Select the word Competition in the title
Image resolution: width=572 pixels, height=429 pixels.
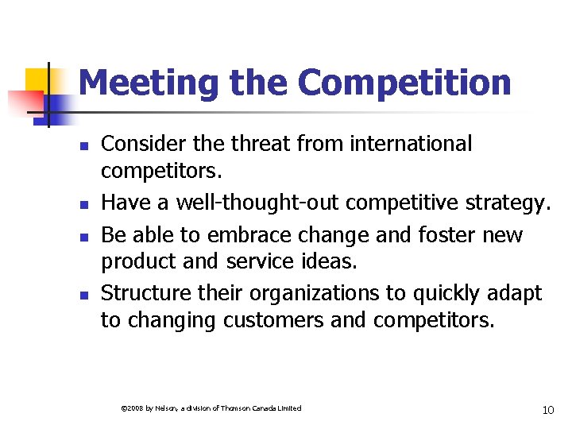tap(404, 83)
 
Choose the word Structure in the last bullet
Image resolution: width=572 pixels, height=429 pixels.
tap(146, 293)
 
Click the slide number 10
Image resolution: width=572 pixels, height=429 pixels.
tap(547, 410)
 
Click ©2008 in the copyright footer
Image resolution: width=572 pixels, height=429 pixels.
tap(129, 408)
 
